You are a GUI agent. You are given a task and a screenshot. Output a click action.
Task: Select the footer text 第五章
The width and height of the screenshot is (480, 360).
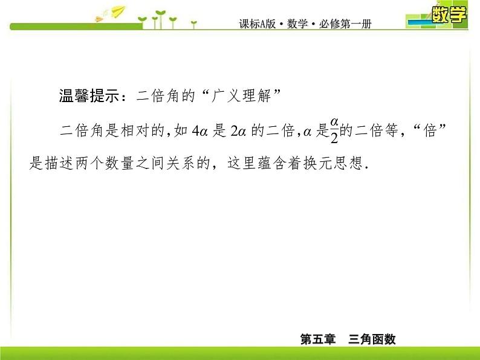318,339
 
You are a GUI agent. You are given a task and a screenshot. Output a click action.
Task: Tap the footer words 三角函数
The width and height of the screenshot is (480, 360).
372,339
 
